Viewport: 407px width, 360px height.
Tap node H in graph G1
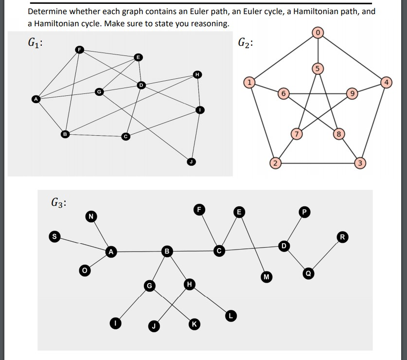tap(197, 74)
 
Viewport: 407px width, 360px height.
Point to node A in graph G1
tap(35, 99)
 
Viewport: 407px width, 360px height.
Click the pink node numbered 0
tap(318, 33)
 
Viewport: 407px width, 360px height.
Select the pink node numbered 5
tap(318, 68)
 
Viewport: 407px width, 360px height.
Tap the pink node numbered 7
tap(296, 133)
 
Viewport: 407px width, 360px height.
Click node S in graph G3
tap(55, 236)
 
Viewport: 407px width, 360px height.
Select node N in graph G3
tap(90, 216)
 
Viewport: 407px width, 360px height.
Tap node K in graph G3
tap(195, 324)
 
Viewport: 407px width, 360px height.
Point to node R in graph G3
tap(343, 237)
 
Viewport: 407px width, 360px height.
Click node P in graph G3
tap(305, 212)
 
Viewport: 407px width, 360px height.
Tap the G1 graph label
tap(35, 42)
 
